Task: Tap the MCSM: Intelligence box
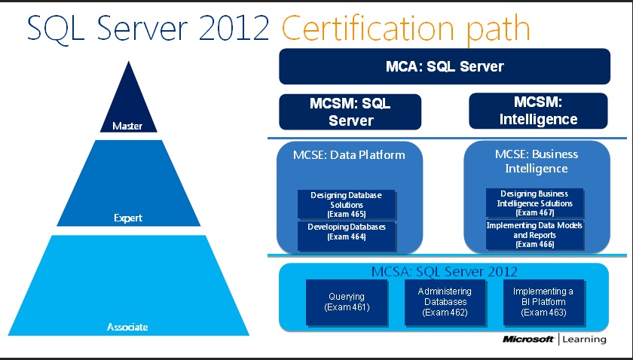tap(538, 111)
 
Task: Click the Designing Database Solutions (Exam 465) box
tap(347, 204)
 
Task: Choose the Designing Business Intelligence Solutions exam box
tap(535, 203)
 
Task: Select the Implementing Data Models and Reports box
tap(535, 235)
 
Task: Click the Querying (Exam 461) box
tap(347, 302)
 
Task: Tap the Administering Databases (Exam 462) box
tap(445, 302)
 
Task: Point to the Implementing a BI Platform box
tap(543, 302)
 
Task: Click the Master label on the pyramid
tap(127, 127)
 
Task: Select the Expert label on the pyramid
tap(127, 218)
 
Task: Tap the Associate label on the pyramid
tap(127, 327)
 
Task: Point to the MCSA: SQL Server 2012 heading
tap(445, 271)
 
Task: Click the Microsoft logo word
tap(530, 340)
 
